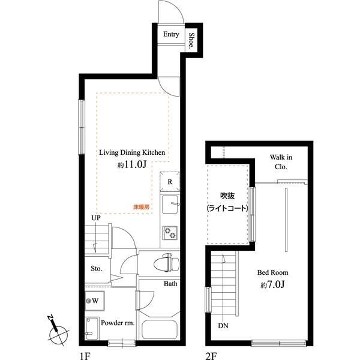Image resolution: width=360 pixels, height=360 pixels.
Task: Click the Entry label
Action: pyautogui.click(x=171, y=34)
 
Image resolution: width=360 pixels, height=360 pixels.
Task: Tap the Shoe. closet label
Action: pyautogui.click(x=191, y=41)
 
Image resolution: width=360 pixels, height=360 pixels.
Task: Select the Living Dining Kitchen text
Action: pyautogui.click(x=132, y=152)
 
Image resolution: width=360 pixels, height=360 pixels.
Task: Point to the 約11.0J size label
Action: pyautogui.click(x=132, y=164)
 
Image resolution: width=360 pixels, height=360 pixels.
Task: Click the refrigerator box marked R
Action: pyautogui.click(x=170, y=182)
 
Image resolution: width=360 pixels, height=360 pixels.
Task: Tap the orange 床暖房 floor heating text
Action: pyautogui.click(x=142, y=207)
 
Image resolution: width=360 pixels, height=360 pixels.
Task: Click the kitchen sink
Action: pyautogui.click(x=170, y=204)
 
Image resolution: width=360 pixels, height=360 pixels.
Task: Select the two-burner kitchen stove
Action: pyautogui.click(x=170, y=233)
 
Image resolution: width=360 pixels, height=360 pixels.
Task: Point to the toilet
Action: pyautogui.click(x=166, y=262)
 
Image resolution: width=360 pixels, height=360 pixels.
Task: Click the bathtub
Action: pyautogui.click(x=160, y=329)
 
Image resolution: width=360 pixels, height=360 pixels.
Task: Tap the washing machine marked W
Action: pyautogui.click(x=95, y=301)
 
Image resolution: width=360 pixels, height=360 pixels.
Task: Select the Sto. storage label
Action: pyautogui.click(x=97, y=268)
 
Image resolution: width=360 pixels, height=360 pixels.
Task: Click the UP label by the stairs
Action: pyautogui.click(x=96, y=218)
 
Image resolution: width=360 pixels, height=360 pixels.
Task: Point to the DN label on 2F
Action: pyautogui.click(x=223, y=326)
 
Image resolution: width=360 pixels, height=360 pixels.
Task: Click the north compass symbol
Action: pyautogui.click(x=58, y=331)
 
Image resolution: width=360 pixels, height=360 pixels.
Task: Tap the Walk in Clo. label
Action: pyautogui.click(x=281, y=162)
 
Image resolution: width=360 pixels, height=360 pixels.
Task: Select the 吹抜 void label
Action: pyautogui.click(x=227, y=196)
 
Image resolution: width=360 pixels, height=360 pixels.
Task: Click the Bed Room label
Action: pyautogui.click(x=272, y=272)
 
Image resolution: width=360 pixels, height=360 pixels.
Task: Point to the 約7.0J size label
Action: pyautogui.click(x=272, y=284)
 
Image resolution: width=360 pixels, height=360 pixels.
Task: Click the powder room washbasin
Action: pyautogui.click(x=92, y=328)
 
